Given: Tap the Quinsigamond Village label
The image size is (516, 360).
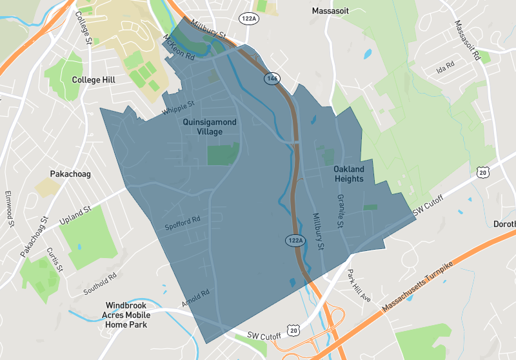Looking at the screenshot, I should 210,126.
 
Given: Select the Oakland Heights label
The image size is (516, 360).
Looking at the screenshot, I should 349,174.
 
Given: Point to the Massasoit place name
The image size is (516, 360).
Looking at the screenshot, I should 333,11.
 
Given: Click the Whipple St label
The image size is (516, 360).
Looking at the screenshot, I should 178,108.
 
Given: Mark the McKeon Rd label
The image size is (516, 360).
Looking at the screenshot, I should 179,47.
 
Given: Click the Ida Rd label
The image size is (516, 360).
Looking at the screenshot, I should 446,65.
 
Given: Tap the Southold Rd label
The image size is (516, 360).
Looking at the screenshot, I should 100,285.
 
